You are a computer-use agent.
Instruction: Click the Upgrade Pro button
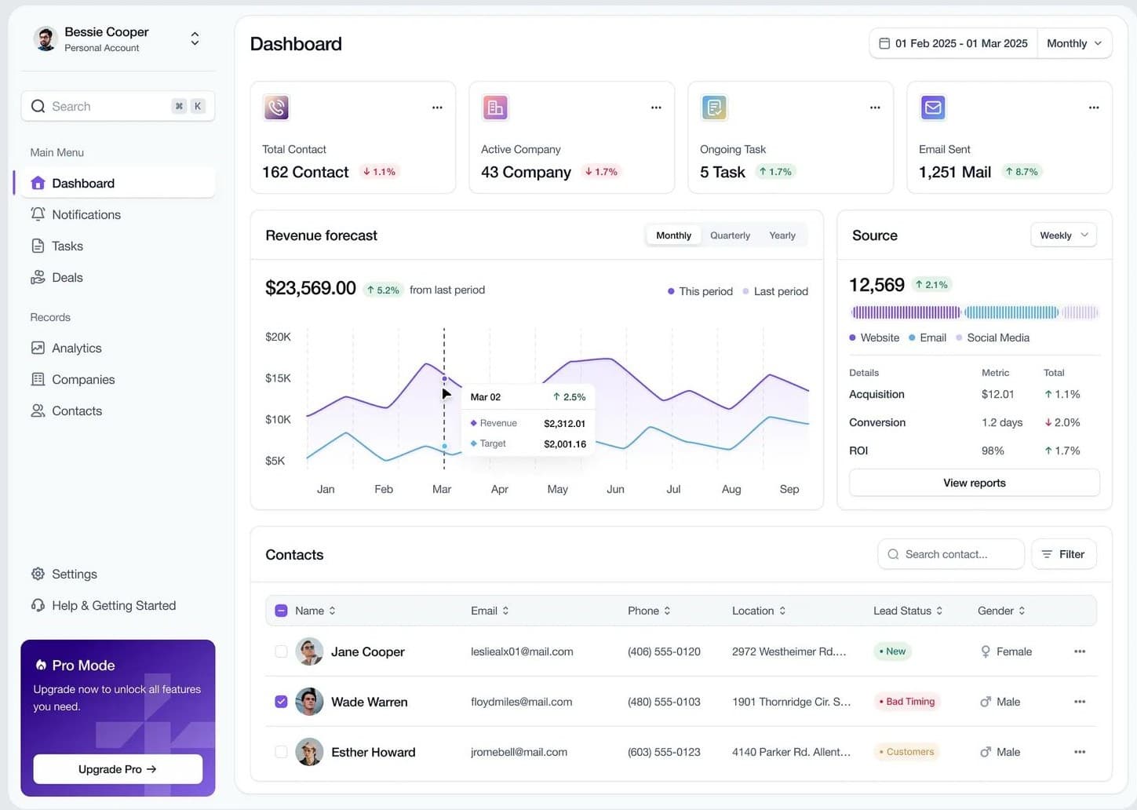tap(118, 769)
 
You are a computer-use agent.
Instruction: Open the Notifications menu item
tap(86, 214)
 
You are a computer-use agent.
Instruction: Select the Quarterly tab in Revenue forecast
tap(730, 235)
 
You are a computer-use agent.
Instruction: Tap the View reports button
tap(974, 483)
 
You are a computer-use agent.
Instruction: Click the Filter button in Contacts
tap(1063, 554)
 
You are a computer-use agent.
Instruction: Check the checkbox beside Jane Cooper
tap(281, 651)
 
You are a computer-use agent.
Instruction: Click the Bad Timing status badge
tap(906, 702)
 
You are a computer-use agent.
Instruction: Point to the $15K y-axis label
tap(278, 378)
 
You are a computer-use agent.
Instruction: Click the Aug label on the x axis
tap(731, 489)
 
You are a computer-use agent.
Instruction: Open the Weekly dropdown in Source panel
tap(1063, 235)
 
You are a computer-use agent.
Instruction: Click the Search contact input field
tap(951, 554)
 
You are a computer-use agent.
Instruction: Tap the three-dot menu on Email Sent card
tap(1093, 108)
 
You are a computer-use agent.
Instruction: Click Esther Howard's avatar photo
tap(309, 752)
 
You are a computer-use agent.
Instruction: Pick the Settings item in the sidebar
tap(74, 574)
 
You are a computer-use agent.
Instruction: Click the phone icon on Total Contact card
tap(276, 108)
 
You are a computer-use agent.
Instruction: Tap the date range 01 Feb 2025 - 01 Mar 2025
tap(953, 43)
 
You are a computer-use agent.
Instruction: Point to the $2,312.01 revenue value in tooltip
tap(564, 423)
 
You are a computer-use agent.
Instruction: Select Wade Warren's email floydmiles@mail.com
tap(521, 702)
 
